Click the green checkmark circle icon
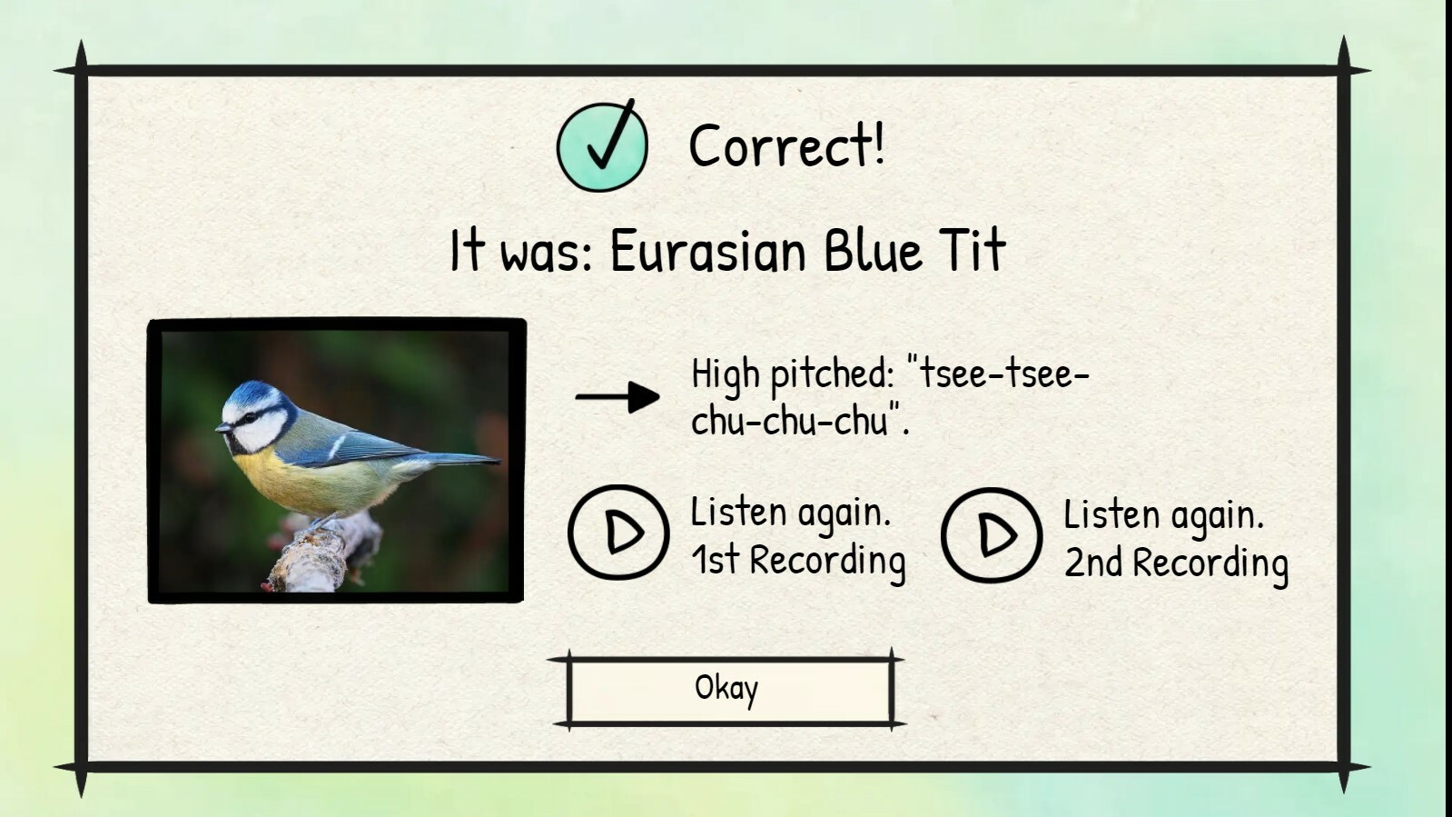602,146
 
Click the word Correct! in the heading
786,146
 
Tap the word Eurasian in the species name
707,251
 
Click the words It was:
521,251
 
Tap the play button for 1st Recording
619,533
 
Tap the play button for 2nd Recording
992,534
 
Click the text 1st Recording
798,560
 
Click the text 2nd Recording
1176,563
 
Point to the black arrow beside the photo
617,396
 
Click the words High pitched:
793,374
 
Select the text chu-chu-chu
789,421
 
